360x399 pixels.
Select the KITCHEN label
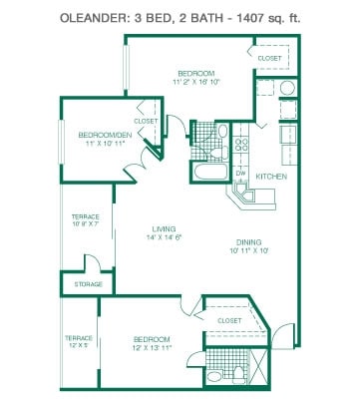(x=272, y=176)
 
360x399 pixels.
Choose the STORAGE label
(x=88, y=284)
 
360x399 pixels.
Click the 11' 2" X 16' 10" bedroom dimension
(x=196, y=84)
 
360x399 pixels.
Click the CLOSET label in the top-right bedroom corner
(x=268, y=58)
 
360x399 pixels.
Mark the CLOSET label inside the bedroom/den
(x=146, y=121)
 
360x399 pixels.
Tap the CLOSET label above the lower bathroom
(x=229, y=320)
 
